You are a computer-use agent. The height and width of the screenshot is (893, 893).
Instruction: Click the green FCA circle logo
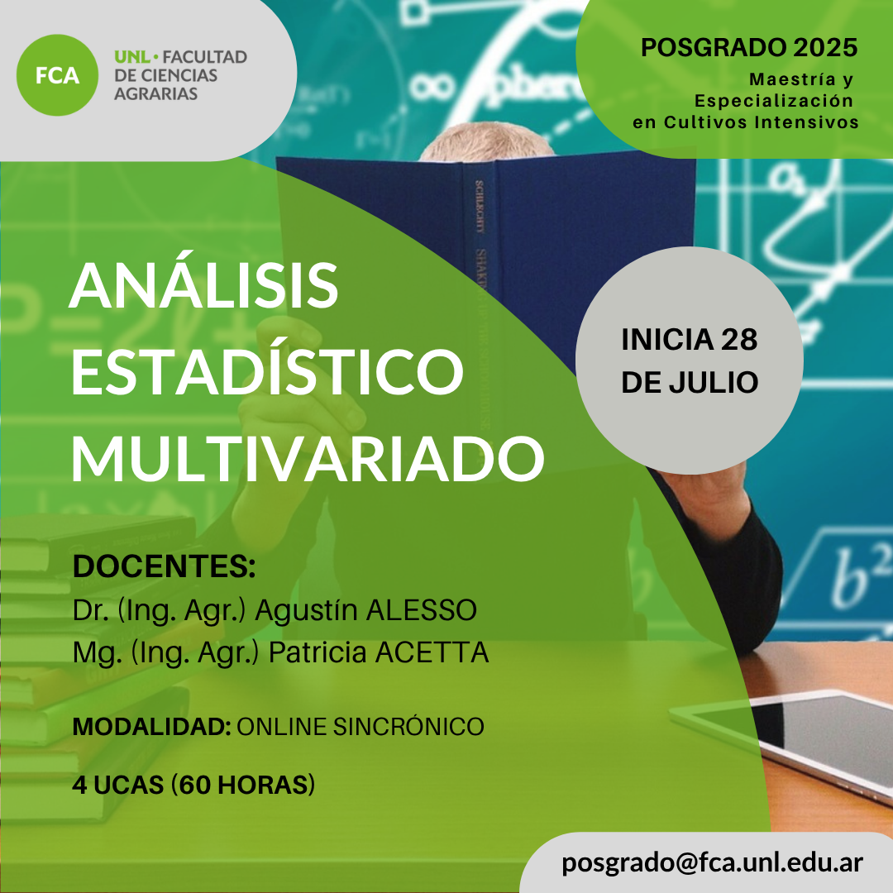click(x=57, y=75)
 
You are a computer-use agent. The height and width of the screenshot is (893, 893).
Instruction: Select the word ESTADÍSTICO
click(x=267, y=370)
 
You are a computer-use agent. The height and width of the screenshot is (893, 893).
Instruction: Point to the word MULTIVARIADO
click(x=308, y=459)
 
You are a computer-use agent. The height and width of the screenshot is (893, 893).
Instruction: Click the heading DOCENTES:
click(x=164, y=566)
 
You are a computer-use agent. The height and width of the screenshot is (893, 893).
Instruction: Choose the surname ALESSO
click(x=422, y=609)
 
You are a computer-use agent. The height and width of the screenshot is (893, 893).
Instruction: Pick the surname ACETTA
click(x=432, y=652)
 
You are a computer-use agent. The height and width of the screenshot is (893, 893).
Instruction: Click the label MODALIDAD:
click(x=151, y=726)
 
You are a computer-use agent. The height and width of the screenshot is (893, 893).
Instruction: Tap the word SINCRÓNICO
click(x=408, y=726)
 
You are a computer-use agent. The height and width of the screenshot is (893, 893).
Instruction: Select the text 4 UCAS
click(x=118, y=785)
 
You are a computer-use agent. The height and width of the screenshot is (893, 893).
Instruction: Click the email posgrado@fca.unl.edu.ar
click(x=712, y=862)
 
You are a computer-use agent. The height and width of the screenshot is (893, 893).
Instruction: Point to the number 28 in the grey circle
click(x=739, y=340)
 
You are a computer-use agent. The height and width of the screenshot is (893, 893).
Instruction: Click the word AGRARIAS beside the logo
click(x=156, y=93)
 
